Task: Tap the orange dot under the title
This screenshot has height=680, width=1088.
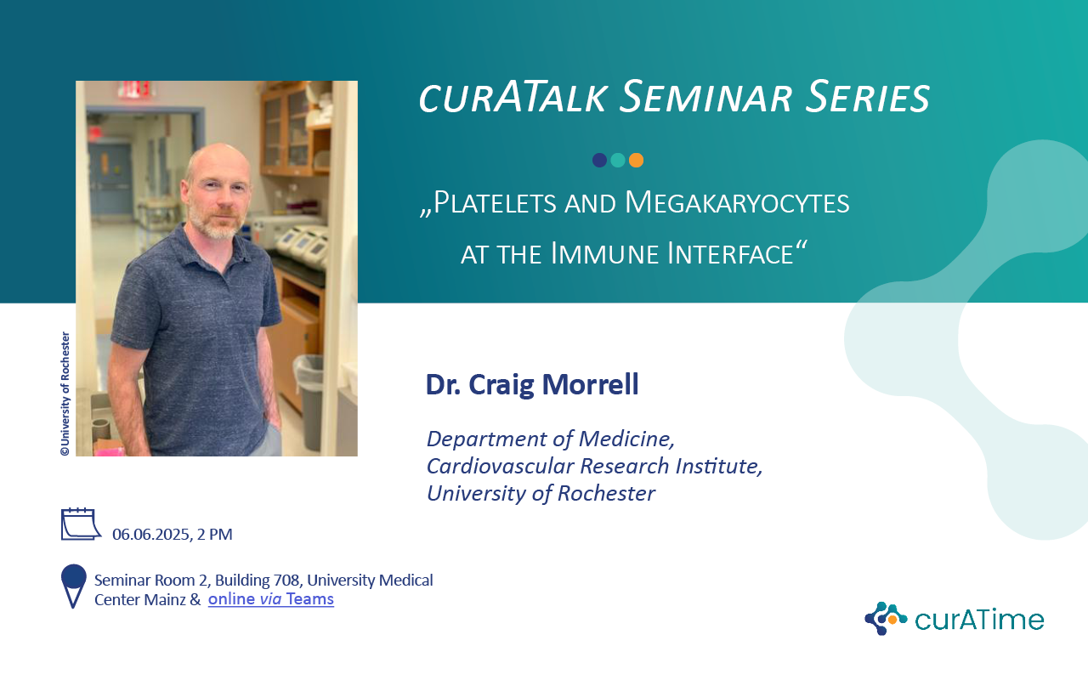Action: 636,160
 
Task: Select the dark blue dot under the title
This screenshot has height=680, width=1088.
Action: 599,160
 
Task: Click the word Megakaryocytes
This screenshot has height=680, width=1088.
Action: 737,203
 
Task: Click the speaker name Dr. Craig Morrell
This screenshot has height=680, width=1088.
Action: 532,384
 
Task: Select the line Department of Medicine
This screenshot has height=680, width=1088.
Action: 550,439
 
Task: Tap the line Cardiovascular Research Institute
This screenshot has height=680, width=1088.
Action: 594,466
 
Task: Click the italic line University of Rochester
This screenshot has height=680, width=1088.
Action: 541,493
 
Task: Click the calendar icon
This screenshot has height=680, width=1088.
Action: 81,524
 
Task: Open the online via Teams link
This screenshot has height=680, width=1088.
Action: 270,599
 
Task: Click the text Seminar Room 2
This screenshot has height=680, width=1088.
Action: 151,581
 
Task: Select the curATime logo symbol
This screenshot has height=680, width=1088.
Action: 887,618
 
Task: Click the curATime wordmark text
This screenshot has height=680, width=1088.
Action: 979,619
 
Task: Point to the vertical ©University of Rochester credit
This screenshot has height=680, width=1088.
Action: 65,394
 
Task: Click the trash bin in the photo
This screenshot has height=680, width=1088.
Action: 309,399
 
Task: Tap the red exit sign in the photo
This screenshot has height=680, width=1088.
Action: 135,89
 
